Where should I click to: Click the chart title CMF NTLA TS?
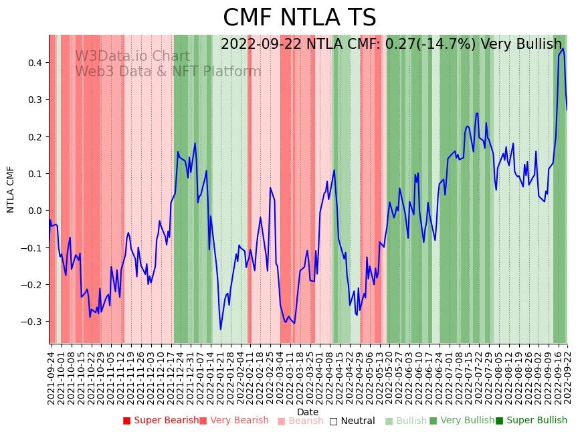tap(299, 18)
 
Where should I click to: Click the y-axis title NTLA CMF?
tap(11, 189)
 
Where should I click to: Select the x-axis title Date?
tap(308, 412)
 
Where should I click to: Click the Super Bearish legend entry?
tap(161, 421)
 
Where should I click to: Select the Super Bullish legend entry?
tap(531, 421)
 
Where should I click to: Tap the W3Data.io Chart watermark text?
tap(132, 56)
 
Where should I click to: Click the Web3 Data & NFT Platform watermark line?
tap(168, 72)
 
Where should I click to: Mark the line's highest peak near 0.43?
tap(563, 49)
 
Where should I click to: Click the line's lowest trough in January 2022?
tap(221, 329)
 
